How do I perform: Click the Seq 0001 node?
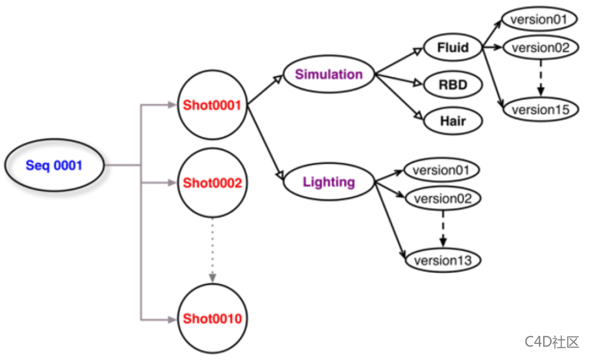pos(54,165)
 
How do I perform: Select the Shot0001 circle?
pos(212,105)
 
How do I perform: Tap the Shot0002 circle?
pos(212,183)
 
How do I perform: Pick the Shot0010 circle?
pos(212,319)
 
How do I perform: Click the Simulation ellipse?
pos(328,75)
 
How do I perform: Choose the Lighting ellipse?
pos(328,182)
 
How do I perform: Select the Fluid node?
pos(452,48)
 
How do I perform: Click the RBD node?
pos(452,85)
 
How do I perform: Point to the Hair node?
pos(452,120)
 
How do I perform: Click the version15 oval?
pos(540,109)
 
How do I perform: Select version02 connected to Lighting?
pos(442,199)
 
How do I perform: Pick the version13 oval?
pos(442,260)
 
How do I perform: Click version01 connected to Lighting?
pos(442,170)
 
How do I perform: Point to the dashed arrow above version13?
pos(443,229)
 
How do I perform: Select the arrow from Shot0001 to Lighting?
pos(265,143)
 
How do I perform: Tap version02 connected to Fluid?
pos(540,48)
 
